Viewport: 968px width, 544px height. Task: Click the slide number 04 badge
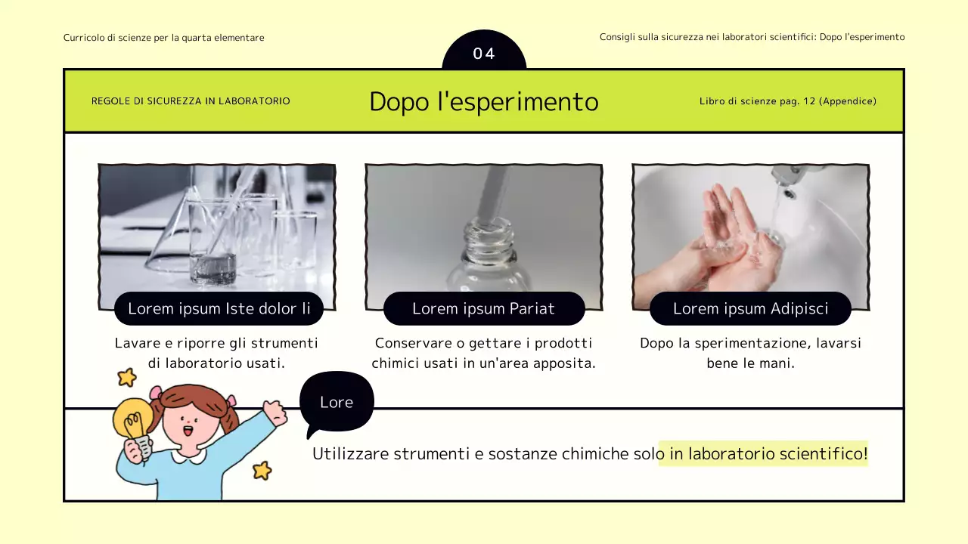484,53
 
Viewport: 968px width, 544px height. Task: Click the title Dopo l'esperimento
484,102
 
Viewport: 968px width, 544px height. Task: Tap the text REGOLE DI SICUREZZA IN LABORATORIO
191,101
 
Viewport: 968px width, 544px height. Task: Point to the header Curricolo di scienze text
164,38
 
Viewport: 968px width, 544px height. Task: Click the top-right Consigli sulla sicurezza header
752,37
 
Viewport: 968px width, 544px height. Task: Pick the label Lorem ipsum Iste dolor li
219,308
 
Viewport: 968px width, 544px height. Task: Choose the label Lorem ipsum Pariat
484,308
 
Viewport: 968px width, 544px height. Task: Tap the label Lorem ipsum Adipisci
750,308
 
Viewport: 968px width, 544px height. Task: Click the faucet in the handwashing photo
786,181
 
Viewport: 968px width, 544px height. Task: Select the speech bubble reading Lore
337,402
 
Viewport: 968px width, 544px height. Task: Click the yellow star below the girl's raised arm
262,471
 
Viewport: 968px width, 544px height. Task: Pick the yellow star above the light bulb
126,377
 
